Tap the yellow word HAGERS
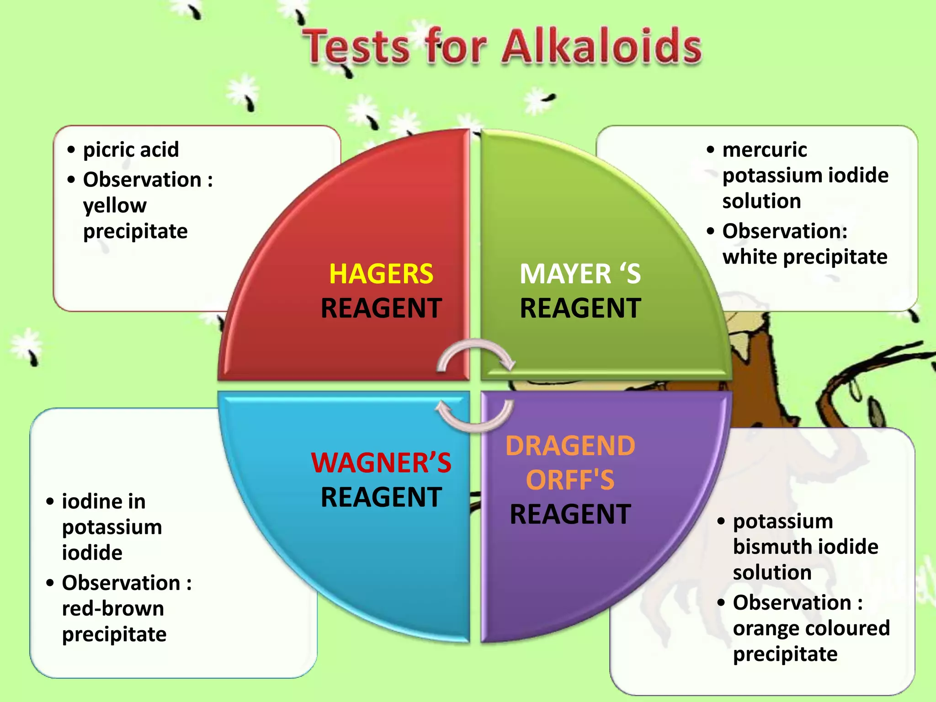pos(381,274)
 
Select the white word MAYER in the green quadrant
pos(565,274)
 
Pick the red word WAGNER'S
pos(381,463)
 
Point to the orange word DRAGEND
pos(570,446)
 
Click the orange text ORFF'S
pos(570,480)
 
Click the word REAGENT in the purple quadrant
pos(570,514)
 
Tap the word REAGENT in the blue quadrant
pos(381,497)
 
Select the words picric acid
pos(131,149)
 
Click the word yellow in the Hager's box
pos(115,206)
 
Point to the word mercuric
pos(765,149)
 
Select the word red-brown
pos(113,608)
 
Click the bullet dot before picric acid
pos(71,149)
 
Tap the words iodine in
pos(104,501)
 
